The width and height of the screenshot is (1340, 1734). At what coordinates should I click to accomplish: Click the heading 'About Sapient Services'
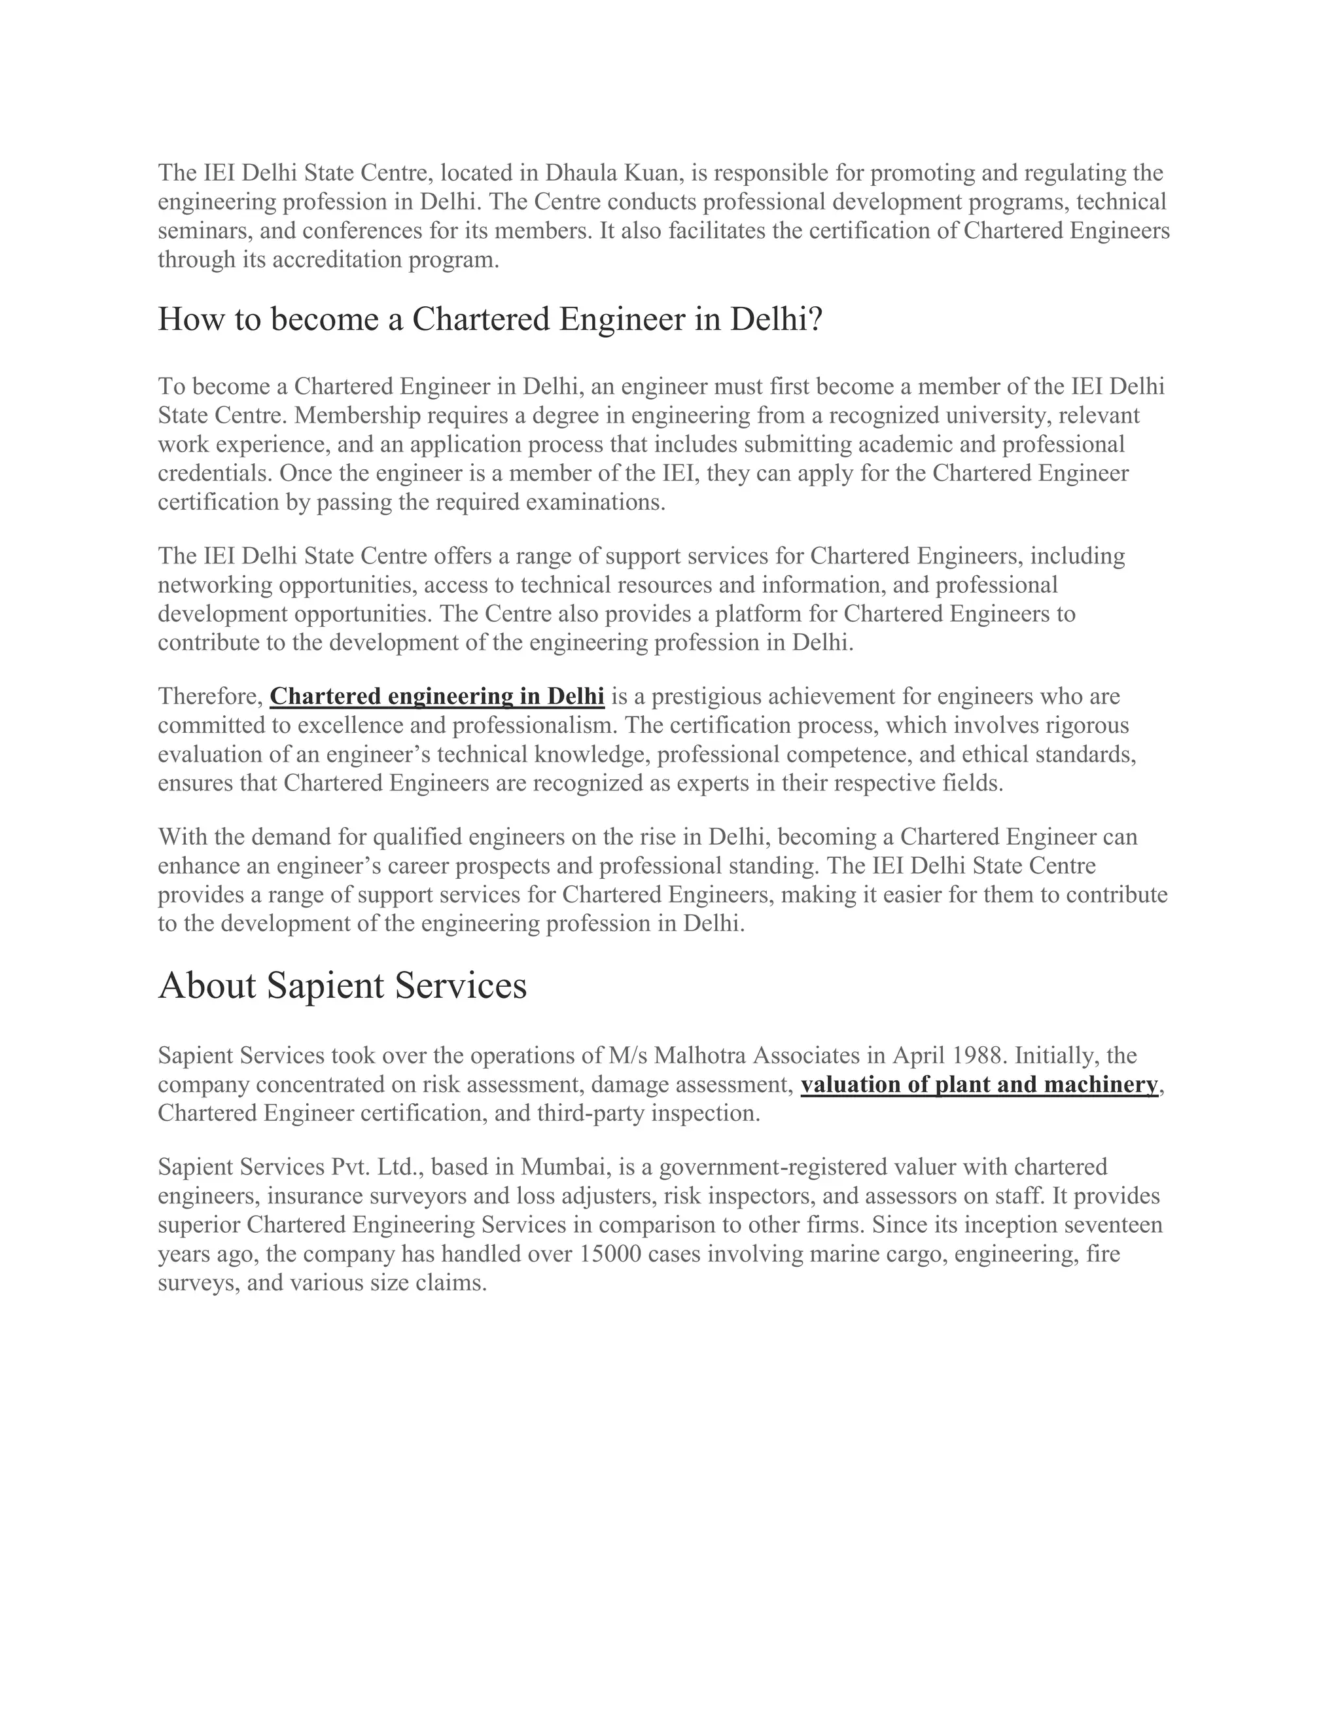pos(342,986)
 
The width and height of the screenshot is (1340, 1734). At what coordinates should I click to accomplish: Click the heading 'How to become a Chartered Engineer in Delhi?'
pos(490,319)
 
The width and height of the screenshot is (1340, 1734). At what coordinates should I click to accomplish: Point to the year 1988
pos(980,1055)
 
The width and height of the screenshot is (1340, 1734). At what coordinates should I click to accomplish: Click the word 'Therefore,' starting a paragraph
pos(209,696)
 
